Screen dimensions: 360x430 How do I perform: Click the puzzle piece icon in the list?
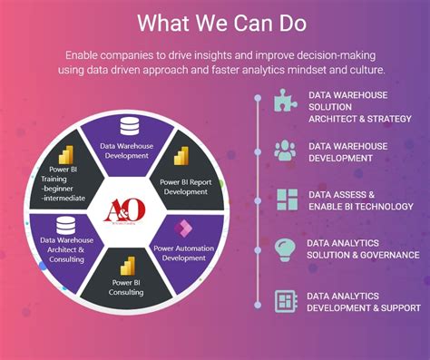[286, 100]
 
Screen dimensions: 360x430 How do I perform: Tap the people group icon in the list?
[286, 150]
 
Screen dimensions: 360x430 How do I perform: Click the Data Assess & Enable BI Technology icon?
[286, 199]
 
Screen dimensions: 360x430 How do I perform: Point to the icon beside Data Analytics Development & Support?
[286, 300]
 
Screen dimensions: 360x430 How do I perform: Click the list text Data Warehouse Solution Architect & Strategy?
[359, 106]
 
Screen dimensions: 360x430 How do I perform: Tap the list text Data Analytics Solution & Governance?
[358, 250]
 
